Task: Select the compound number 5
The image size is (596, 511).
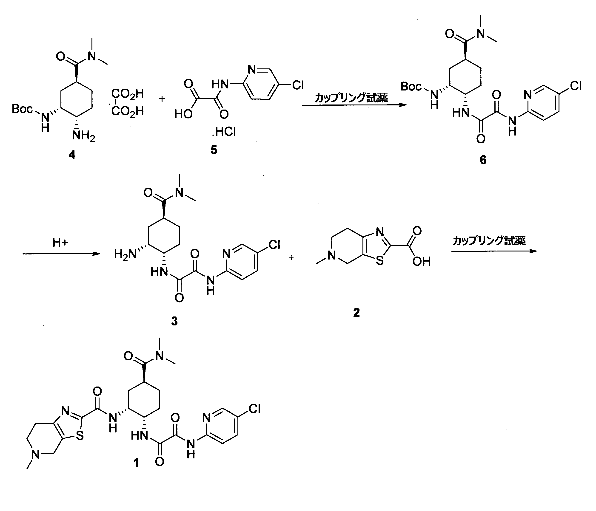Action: coord(214,150)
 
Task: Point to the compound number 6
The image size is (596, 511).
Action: coord(483,160)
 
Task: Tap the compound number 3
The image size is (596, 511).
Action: coord(174,321)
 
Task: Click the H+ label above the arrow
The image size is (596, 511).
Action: coord(60,243)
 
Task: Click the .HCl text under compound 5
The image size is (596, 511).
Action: coord(224,132)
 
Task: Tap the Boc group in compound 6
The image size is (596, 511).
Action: coord(411,86)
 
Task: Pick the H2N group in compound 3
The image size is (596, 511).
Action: coord(125,254)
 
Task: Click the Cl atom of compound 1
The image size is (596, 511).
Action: coord(254,408)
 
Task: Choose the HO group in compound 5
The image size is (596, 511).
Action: coord(183,114)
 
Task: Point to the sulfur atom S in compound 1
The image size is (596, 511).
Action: coord(80,436)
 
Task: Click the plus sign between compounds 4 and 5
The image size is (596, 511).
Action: coord(162,99)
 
